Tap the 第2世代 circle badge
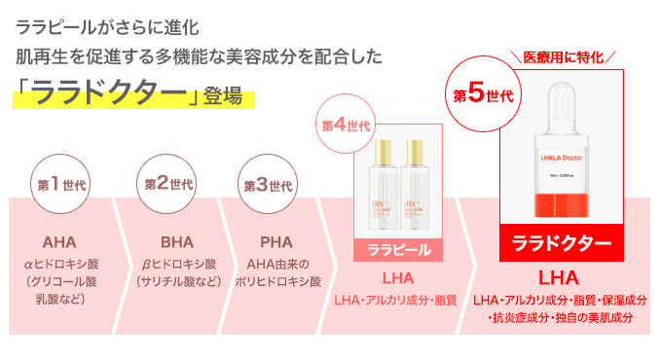(168, 184)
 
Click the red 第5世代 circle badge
(484, 95)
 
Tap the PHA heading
(276, 241)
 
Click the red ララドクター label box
(562, 242)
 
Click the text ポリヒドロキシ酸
(277, 282)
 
